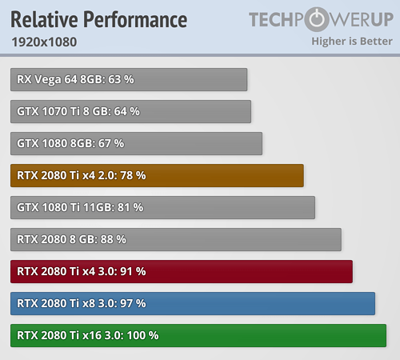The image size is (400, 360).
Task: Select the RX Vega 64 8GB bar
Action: (129, 79)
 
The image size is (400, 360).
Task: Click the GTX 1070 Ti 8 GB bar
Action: (131, 111)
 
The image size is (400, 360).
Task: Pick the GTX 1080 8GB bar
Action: (137, 143)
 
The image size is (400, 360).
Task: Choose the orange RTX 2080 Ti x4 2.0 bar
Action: (158, 175)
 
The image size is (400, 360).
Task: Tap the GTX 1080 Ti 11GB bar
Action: (163, 207)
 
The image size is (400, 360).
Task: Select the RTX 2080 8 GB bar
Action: (176, 239)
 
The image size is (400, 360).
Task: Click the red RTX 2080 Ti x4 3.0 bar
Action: (182, 271)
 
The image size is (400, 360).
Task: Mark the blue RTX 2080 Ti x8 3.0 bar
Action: (193, 303)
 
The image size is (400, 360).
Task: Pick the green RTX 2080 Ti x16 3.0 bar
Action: (198, 335)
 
